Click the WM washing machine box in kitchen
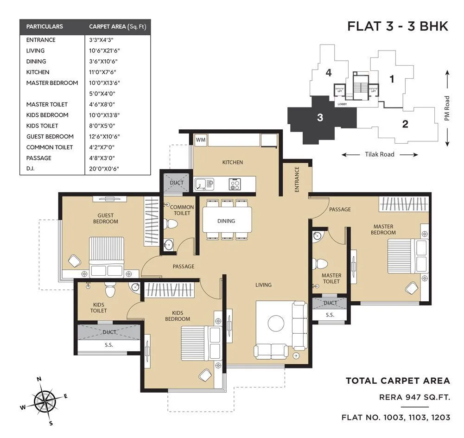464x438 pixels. click(x=201, y=140)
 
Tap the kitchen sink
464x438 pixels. click(x=203, y=184)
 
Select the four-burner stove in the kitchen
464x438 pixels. click(x=235, y=184)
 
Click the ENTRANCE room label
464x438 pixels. click(x=297, y=179)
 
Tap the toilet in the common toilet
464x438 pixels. click(x=172, y=225)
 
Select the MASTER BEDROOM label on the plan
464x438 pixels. click(x=383, y=229)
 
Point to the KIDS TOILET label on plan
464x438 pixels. click(x=99, y=307)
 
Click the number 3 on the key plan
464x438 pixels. click(x=320, y=118)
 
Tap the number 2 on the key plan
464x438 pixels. click(x=405, y=124)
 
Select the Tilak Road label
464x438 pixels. click(x=379, y=154)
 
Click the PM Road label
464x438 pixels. click(x=447, y=108)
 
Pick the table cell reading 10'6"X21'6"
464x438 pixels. click(x=105, y=51)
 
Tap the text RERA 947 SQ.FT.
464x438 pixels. click(x=414, y=397)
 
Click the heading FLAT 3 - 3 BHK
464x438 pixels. click(x=397, y=26)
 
